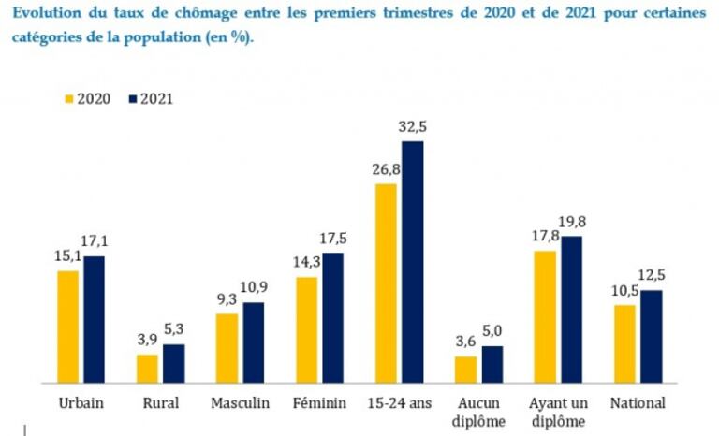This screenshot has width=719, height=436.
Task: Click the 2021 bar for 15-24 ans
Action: click(412, 262)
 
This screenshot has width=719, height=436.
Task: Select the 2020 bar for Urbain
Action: click(68, 327)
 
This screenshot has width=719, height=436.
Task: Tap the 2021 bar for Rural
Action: click(174, 363)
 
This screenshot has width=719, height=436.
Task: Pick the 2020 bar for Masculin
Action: click(227, 348)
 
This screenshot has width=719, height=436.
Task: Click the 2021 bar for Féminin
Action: click(332, 317)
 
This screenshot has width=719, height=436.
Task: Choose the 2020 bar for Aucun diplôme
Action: click(465, 369)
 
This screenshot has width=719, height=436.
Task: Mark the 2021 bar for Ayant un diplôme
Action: click(571, 310)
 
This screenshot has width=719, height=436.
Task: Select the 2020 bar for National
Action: click(624, 343)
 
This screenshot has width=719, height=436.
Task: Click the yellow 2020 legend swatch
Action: click(68, 98)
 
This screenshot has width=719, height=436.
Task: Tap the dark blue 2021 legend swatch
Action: click(132, 98)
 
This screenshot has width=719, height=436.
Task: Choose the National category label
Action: click(638, 403)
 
